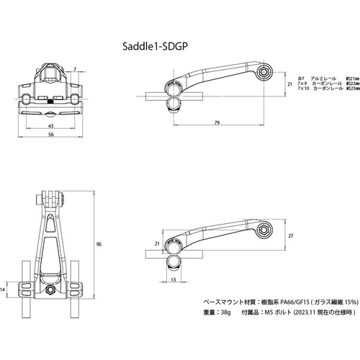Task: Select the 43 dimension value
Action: (49, 127)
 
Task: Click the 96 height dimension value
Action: (99, 245)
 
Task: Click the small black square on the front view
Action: (49, 102)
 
